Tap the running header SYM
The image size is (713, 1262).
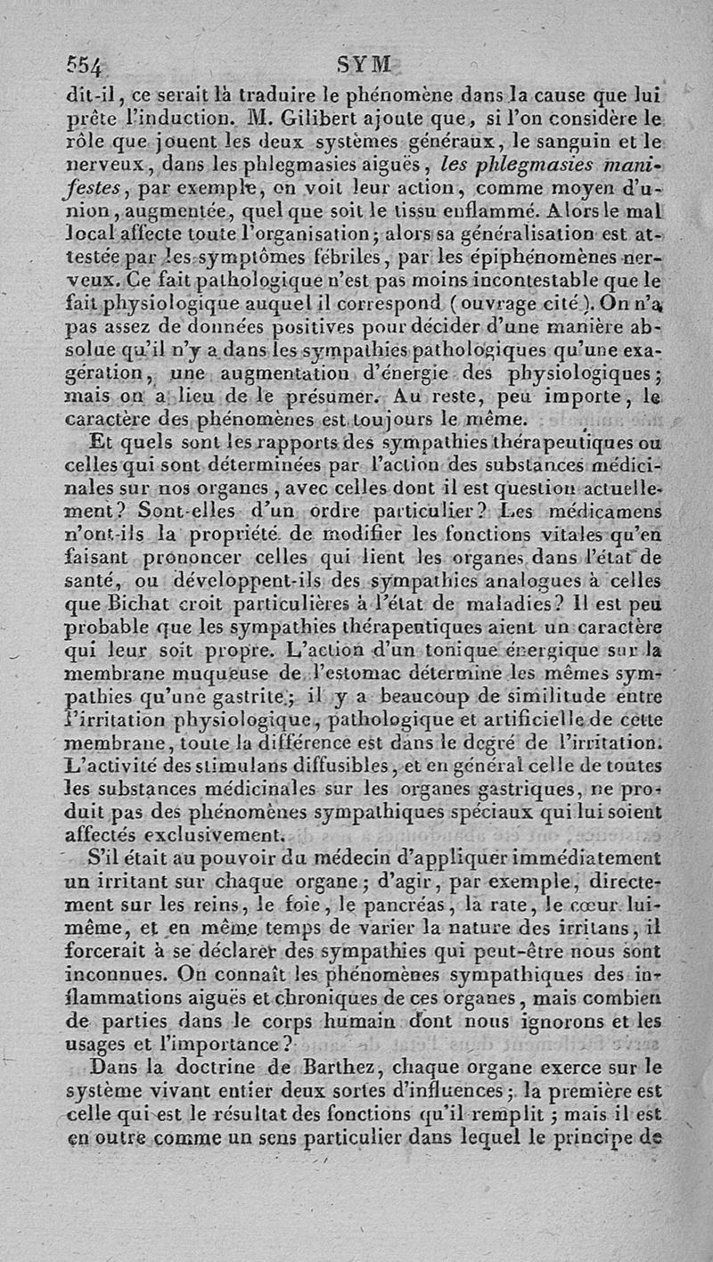point(365,64)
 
